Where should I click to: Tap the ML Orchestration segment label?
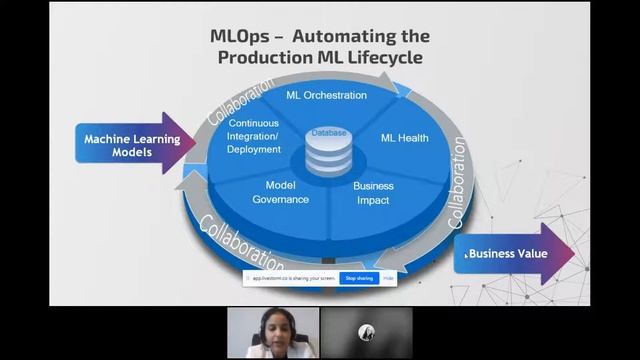coord(326,96)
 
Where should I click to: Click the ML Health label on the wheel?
coord(404,138)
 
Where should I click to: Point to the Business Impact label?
coord(373,193)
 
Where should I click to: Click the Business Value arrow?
coord(511,254)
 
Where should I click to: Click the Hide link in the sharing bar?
coord(388,278)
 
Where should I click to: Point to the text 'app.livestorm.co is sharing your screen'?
coord(293,278)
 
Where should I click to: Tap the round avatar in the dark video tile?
coord(366,333)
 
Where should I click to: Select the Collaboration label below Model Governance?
coord(241,240)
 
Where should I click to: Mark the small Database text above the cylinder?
coord(328,132)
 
